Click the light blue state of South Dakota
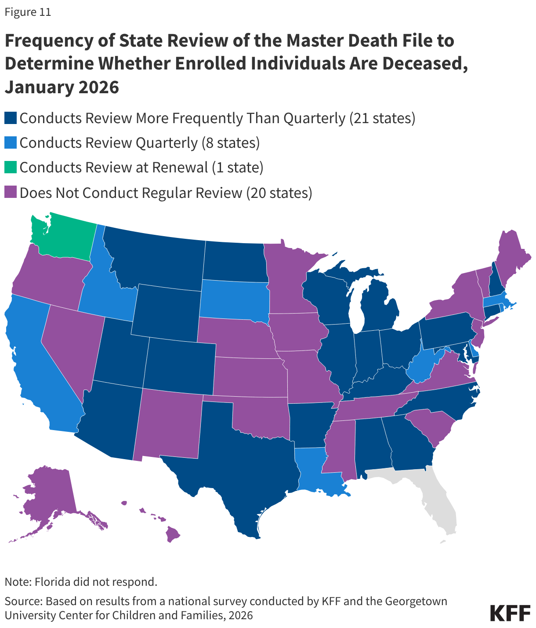233,299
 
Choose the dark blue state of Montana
158,259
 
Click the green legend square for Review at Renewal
11,168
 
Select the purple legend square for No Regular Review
11,193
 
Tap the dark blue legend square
11,118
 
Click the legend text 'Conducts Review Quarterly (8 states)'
140,143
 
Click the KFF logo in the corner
510,613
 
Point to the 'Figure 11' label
28,12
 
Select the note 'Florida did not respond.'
81,582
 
